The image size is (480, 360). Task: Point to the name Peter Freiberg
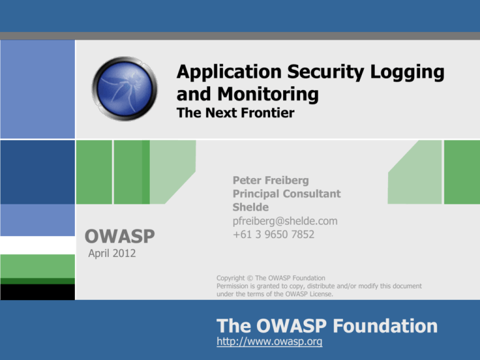pos(270,180)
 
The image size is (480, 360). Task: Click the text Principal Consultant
pos(286,194)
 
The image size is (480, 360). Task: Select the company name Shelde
pos(250,207)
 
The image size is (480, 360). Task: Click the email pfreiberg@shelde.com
pos(284,221)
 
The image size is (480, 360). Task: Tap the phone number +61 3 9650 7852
pos(273,234)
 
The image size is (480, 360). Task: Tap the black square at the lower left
pos(37,291)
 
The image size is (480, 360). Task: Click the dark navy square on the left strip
pos(37,172)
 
